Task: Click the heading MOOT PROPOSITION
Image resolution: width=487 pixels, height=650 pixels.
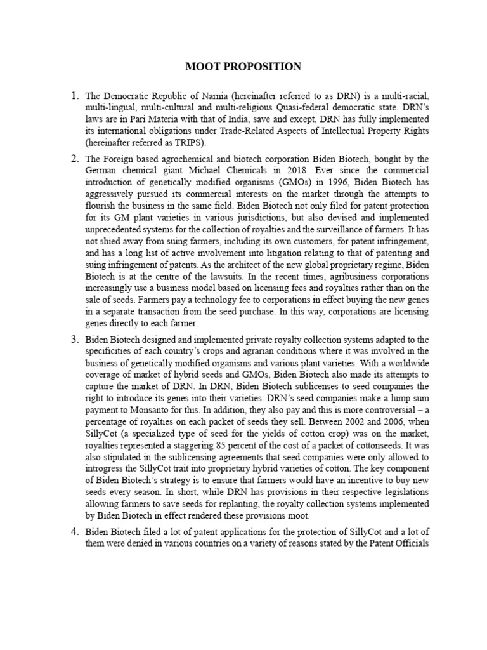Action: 243,67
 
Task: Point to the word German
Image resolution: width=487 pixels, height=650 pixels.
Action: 102,170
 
